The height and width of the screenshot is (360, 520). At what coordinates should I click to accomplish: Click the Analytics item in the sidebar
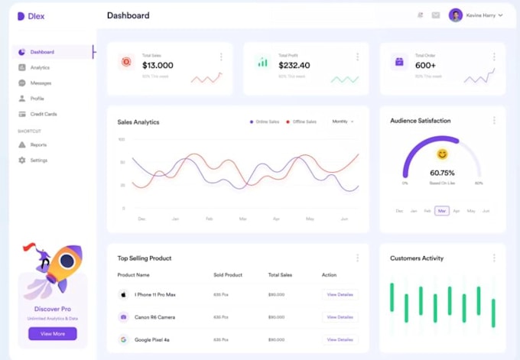(40, 67)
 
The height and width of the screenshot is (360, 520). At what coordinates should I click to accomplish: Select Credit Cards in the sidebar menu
(43, 114)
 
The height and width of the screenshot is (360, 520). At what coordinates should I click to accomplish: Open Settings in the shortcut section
(38, 161)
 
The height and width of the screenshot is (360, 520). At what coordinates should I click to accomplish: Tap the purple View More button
(52, 333)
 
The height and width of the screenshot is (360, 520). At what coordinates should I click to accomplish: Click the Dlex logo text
(36, 16)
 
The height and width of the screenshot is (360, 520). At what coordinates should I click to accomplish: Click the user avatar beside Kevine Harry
(456, 15)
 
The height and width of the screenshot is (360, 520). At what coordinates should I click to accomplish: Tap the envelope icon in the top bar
(436, 15)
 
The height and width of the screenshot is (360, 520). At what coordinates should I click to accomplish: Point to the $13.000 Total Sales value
(158, 66)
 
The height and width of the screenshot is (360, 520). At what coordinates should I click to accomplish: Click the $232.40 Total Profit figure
(294, 66)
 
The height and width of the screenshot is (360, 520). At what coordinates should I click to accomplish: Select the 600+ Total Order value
(425, 66)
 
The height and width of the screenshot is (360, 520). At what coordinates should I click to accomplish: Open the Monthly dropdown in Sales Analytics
(343, 122)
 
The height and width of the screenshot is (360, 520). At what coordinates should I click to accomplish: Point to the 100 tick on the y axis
(122, 139)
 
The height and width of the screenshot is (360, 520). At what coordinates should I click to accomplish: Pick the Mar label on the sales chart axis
(242, 219)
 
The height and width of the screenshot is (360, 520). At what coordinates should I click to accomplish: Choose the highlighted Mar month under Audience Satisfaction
(442, 210)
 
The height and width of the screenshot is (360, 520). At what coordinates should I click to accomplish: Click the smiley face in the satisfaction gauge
(442, 155)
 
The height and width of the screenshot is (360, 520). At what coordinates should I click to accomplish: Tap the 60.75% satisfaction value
(442, 173)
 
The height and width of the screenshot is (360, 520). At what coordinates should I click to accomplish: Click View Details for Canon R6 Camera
(340, 316)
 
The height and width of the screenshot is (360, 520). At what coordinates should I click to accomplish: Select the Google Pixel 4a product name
(151, 339)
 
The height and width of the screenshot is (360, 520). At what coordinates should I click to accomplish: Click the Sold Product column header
(228, 274)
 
